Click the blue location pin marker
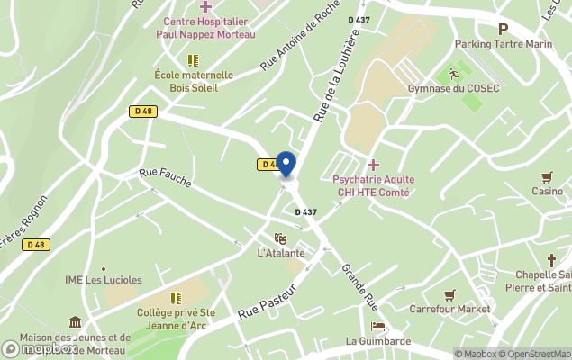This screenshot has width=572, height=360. tap(286, 164)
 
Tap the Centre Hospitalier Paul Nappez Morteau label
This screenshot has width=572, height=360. tap(205, 28)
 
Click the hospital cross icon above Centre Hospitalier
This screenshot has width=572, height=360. tap(205, 6)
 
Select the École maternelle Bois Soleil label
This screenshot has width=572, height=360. tap(193, 82)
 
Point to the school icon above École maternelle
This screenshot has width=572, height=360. tap(192, 59)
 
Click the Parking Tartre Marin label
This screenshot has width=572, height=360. tap(503, 43)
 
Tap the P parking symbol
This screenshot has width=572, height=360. tap(503, 28)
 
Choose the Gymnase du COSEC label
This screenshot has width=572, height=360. tap(454, 88)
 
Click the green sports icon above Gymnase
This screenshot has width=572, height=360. tap(454, 72)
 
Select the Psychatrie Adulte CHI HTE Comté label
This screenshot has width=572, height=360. tap(371, 186)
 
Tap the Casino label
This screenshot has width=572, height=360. tap(547, 191)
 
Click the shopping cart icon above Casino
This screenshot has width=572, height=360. tap(547, 176)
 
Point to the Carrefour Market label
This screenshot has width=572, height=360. tap(450, 309)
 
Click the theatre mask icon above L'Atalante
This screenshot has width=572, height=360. tap(280, 238)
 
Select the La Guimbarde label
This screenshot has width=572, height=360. tap(378, 341)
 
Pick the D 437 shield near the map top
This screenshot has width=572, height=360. tap(358, 20)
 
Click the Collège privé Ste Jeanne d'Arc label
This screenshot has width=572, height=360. tap(177, 319)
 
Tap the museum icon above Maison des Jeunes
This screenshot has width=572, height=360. tap(75, 322)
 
